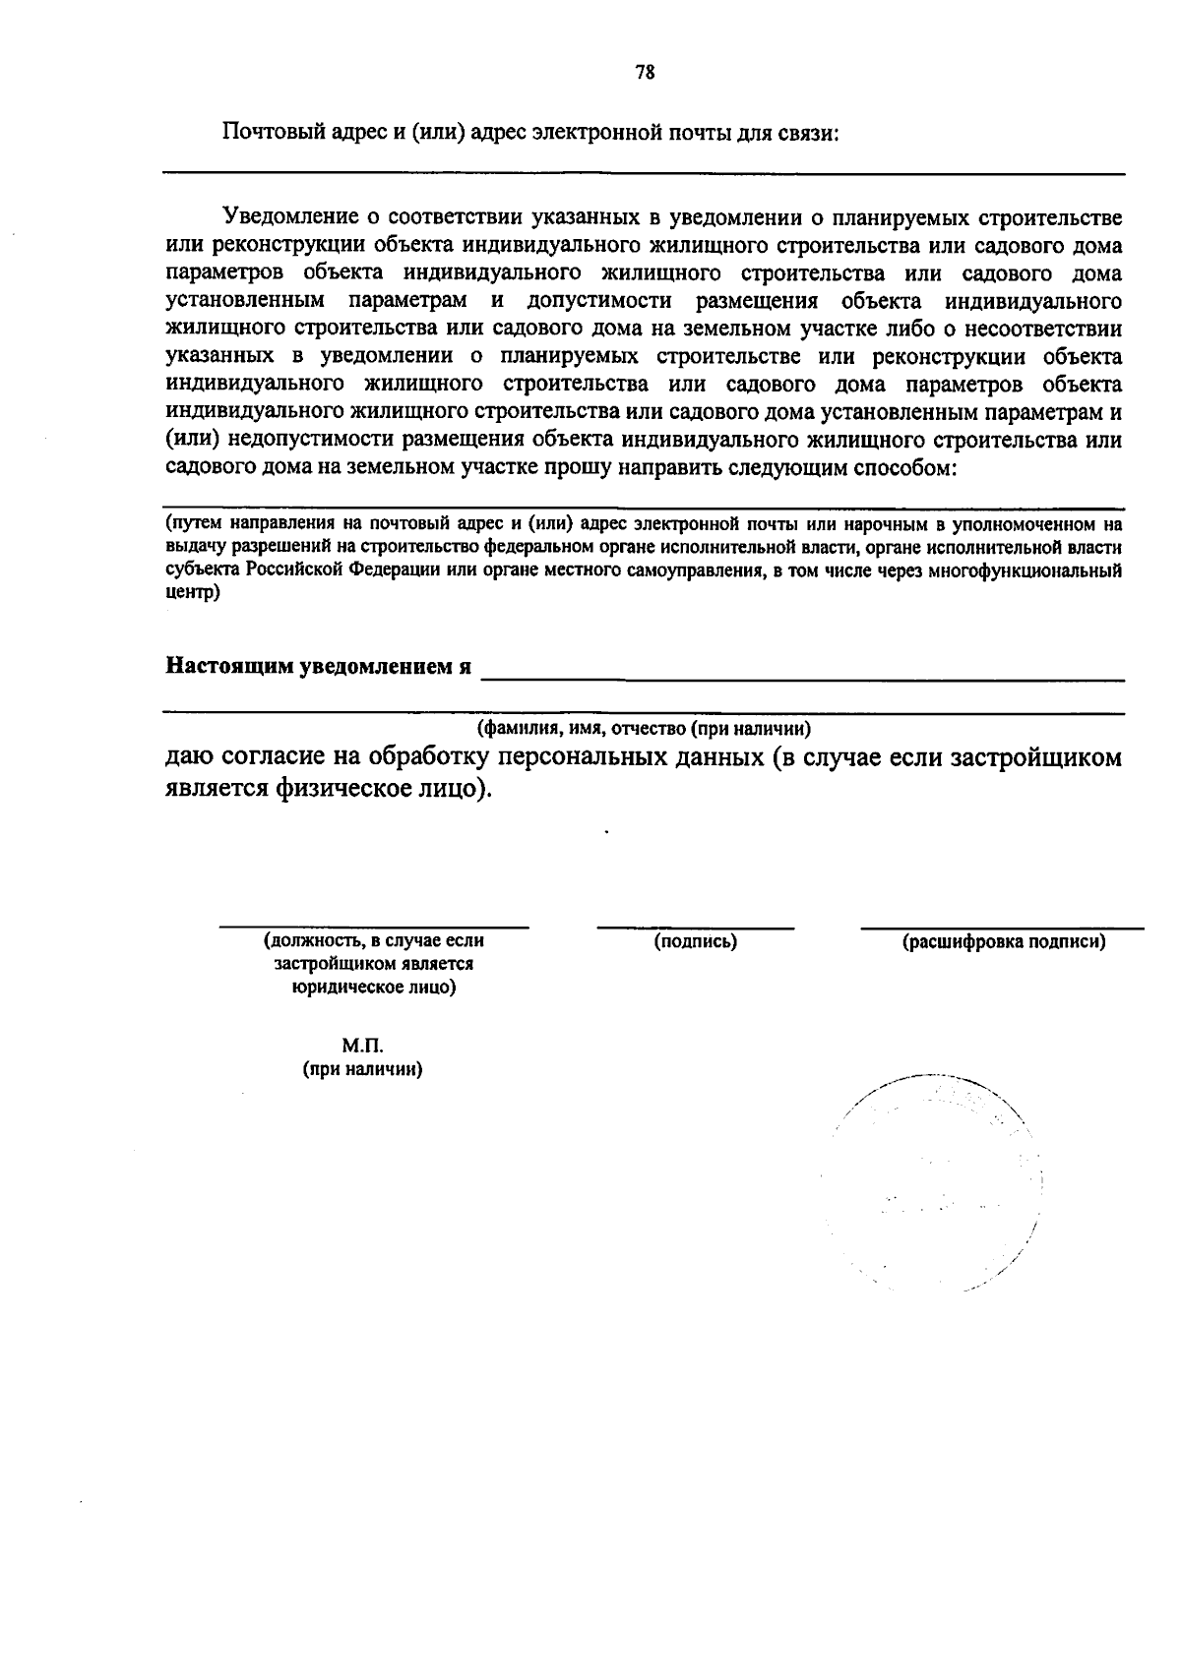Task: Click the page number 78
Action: tap(646, 72)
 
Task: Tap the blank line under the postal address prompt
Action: tap(644, 174)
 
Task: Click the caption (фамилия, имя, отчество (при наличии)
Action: tap(645, 729)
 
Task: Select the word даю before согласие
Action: tap(187, 757)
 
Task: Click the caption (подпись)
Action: tap(696, 942)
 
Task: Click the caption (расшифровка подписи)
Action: tap(1004, 942)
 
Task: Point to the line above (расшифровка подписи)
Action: tap(1002, 928)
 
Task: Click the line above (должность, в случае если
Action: tap(374, 927)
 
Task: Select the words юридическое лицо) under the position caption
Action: tap(374, 988)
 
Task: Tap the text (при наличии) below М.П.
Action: tap(362, 1070)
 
